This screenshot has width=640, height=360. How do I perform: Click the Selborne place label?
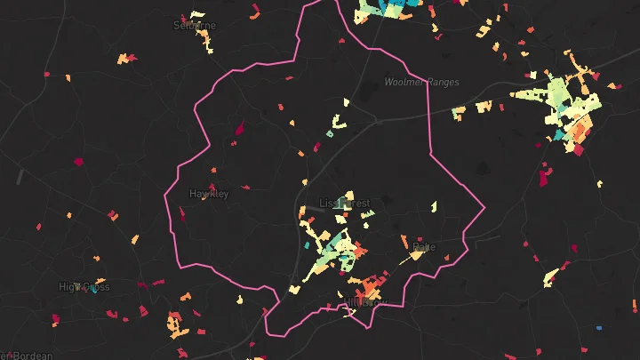coord(195,26)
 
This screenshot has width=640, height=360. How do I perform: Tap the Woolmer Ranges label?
coord(421,83)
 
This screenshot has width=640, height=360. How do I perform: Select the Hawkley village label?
coord(209,193)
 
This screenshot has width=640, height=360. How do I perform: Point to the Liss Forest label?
coord(344,204)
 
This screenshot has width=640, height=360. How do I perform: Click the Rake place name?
coord(424,246)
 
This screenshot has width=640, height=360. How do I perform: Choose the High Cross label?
coord(84,287)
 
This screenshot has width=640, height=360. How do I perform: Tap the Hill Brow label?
coord(366,303)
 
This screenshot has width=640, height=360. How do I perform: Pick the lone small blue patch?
coord(598,328)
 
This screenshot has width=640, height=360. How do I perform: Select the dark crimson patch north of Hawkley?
coord(238,131)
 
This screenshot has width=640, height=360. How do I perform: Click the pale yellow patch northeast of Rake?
coord(434,206)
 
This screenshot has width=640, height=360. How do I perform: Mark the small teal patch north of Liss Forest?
coord(330,134)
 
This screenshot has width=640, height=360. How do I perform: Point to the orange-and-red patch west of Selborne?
coord(127,59)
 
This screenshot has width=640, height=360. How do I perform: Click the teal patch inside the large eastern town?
coord(560,135)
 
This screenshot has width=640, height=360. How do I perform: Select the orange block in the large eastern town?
coord(579,129)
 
